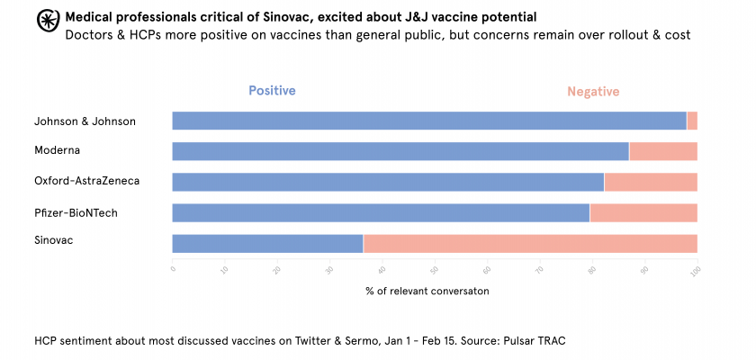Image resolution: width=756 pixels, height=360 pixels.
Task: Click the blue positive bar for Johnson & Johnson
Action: [x=428, y=121]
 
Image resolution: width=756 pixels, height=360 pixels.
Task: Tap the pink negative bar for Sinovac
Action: [x=530, y=244]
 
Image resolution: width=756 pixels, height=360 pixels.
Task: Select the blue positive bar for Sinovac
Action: [x=267, y=244]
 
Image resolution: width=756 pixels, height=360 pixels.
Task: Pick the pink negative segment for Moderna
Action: [x=663, y=151]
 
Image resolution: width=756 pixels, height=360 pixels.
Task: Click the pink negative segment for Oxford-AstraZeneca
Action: [x=651, y=182]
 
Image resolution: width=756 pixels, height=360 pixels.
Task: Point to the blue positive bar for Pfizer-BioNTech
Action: [x=381, y=212]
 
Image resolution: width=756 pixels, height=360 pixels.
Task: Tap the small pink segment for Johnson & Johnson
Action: [x=692, y=121]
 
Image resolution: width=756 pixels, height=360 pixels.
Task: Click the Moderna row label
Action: [x=58, y=150]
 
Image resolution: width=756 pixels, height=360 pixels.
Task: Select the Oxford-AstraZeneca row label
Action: [x=86, y=181]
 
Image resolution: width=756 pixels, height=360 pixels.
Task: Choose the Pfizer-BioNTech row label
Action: [x=76, y=212]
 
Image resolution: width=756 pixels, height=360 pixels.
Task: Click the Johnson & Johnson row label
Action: [x=85, y=121]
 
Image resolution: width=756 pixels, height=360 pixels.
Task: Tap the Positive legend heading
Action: [x=272, y=91]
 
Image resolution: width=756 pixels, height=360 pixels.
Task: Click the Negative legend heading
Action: [x=593, y=92]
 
